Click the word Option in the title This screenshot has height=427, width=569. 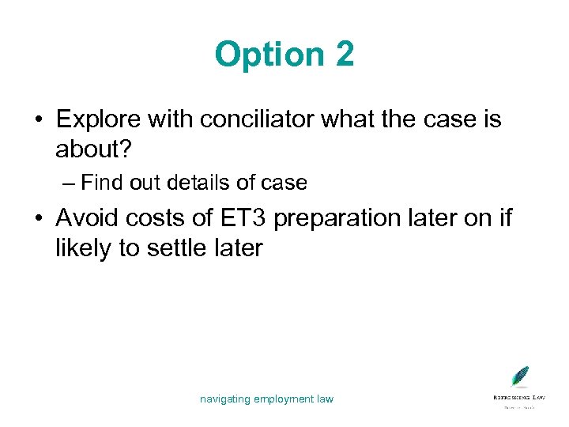[262, 55]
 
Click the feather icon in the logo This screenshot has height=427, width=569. [519, 377]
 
